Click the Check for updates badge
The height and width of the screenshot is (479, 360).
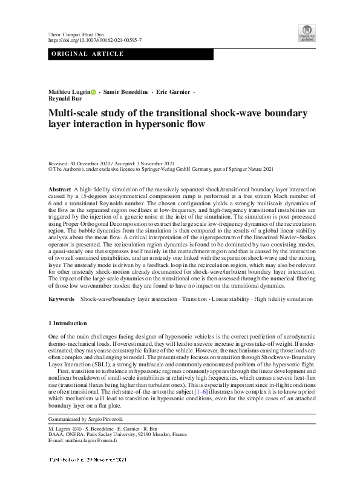tap(307, 33)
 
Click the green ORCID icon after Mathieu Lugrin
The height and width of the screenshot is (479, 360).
tap(94, 91)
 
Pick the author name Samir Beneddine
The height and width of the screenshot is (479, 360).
tap(125, 91)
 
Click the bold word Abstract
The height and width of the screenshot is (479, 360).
tap(59, 190)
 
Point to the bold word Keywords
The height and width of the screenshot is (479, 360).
tap(62, 300)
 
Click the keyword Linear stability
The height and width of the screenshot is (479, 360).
tap(233, 300)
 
